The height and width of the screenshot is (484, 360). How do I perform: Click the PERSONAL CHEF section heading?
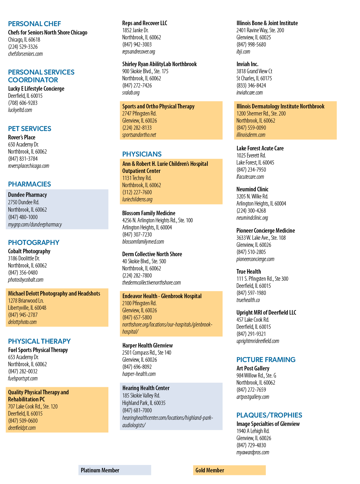(35, 24)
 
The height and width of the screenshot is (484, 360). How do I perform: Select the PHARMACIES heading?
(29, 184)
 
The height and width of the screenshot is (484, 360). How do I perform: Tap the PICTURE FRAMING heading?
(266, 359)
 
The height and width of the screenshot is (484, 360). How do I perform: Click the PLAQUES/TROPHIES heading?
(269, 415)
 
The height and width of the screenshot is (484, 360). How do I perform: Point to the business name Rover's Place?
(22, 137)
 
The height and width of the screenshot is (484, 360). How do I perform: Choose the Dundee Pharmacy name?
(27, 195)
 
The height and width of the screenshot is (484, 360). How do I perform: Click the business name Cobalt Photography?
(29, 251)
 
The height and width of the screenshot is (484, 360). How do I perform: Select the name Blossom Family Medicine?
(149, 213)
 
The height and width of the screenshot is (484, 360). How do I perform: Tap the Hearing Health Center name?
(146, 388)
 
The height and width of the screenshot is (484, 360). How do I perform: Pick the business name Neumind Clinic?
(253, 189)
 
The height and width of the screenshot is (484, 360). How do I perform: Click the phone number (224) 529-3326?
(23, 47)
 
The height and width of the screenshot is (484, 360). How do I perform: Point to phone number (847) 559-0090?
(251, 128)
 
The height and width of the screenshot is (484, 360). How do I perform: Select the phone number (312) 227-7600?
(137, 192)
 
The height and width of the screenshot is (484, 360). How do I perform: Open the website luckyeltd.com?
(20, 110)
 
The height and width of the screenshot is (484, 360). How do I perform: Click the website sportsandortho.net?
(139, 135)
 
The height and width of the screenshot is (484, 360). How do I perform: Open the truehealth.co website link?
(248, 300)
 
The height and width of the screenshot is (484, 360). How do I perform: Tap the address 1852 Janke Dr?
(135, 30)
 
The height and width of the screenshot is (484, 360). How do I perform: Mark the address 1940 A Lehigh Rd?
(253, 431)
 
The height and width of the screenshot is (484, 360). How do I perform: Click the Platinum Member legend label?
(100, 470)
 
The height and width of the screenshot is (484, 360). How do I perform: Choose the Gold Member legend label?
(210, 470)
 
